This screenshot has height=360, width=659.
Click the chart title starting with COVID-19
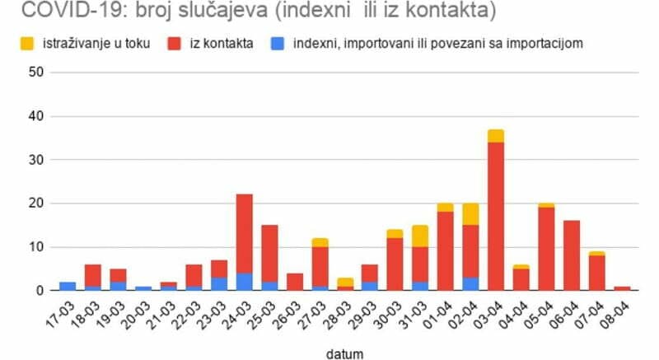255,12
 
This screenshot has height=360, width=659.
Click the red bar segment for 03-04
496,216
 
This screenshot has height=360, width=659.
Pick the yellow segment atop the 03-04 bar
496,136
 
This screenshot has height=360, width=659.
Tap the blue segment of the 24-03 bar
245,282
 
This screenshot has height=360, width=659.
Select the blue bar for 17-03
68,286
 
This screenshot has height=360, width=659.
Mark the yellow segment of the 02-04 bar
470,214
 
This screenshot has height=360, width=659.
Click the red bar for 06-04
571,255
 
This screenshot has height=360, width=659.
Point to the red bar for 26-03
295,282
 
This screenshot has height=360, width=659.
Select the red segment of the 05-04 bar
546,249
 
